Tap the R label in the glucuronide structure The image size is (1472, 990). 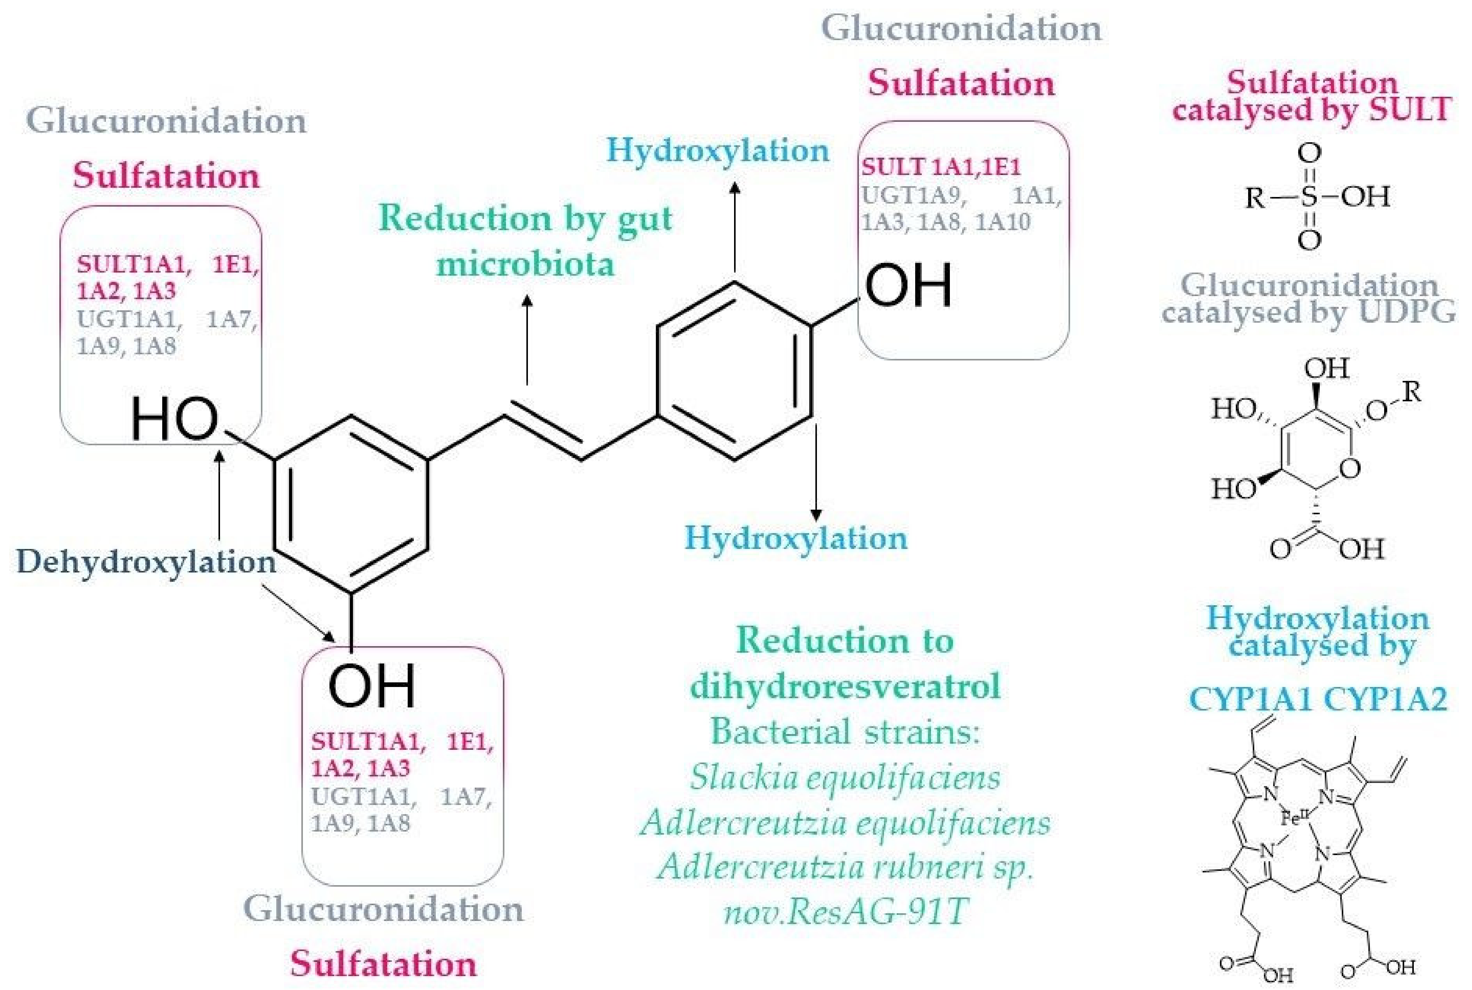pyautogui.click(x=1412, y=392)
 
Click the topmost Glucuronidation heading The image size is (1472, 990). pyautogui.click(x=961, y=29)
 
